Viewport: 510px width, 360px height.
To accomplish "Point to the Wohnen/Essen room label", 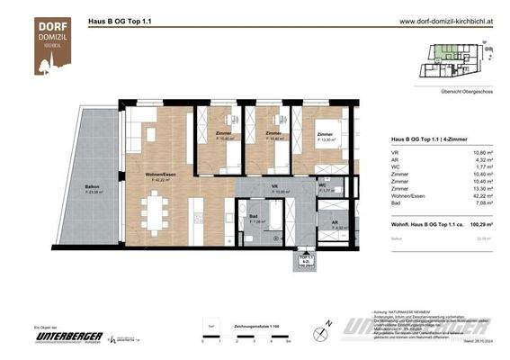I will point(163,175).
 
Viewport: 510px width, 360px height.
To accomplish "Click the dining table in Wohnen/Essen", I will point(160,218).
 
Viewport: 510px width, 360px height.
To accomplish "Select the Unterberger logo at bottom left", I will point(66,336).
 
